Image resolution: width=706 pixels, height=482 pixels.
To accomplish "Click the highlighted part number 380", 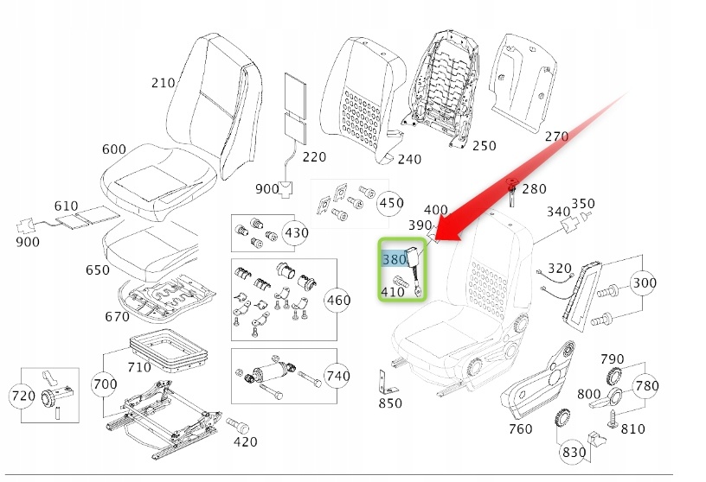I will click(x=394, y=259).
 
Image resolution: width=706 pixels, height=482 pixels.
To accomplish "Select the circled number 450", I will click(x=391, y=203).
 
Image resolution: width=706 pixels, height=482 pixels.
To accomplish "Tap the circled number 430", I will click(x=296, y=233).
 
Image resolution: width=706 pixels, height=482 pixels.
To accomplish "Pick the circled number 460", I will click(x=337, y=301).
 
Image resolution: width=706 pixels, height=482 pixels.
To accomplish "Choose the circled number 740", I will click(x=337, y=376).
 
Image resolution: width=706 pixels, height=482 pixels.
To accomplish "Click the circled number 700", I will click(x=105, y=383).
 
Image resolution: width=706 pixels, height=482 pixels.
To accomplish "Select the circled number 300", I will click(x=645, y=282).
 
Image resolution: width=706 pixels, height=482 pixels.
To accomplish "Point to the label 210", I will click(x=163, y=83).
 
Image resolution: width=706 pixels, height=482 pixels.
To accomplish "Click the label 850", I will click(x=390, y=403).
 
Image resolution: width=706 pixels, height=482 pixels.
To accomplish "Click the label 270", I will click(x=556, y=136).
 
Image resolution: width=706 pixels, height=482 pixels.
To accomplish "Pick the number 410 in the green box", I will click(x=394, y=291).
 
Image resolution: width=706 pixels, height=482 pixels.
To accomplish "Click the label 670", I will click(x=118, y=316).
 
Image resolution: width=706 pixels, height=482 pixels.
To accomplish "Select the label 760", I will click(x=520, y=428).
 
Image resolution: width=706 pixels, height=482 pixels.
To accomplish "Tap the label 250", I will click(x=485, y=146).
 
